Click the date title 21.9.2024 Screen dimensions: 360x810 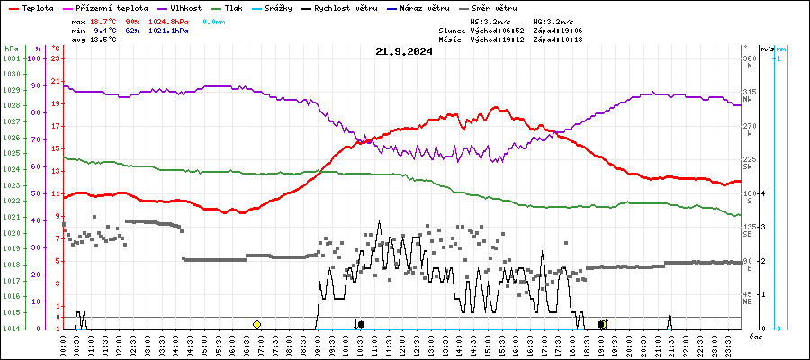[x=404, y=51]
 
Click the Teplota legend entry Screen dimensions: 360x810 [x=37, y=7]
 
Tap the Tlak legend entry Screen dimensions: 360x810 [x=233, y=7]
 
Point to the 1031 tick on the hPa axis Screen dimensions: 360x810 [x=11, y=58]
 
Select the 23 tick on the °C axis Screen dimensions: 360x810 [x=56, y=58]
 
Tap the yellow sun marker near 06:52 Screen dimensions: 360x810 [x=256, y=324]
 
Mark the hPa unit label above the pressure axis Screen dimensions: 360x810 [x=11, y=49]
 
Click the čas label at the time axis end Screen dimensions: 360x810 [x=756, y=336]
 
